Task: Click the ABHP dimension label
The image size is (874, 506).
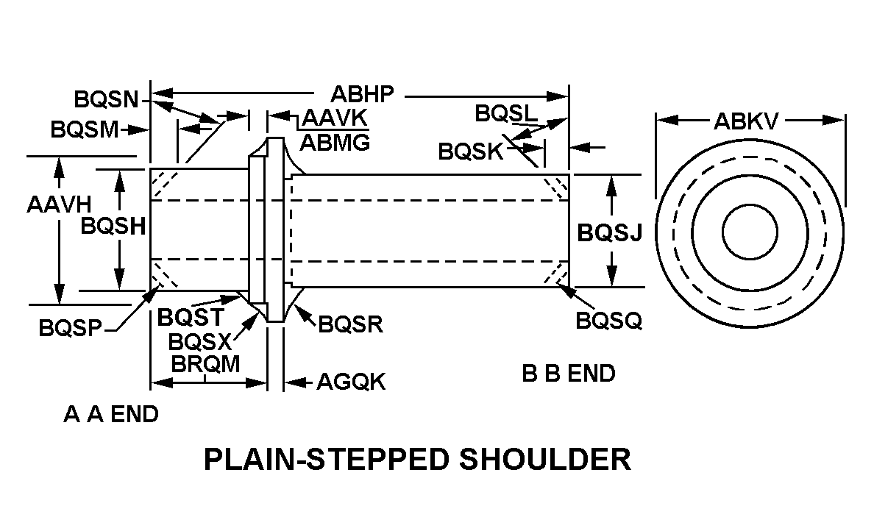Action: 362,95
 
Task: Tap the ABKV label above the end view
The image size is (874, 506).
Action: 745,121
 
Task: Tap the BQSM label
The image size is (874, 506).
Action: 85,129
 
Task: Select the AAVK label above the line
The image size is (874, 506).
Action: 335,118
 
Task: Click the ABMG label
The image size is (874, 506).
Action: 335,142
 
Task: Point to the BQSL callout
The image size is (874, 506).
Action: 506,113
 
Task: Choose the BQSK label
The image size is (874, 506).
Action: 471,152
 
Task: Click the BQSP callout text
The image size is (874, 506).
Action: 71,328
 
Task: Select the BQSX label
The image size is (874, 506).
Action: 200,341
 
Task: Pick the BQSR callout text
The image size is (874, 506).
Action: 350,324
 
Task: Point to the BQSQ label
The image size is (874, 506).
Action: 609,321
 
